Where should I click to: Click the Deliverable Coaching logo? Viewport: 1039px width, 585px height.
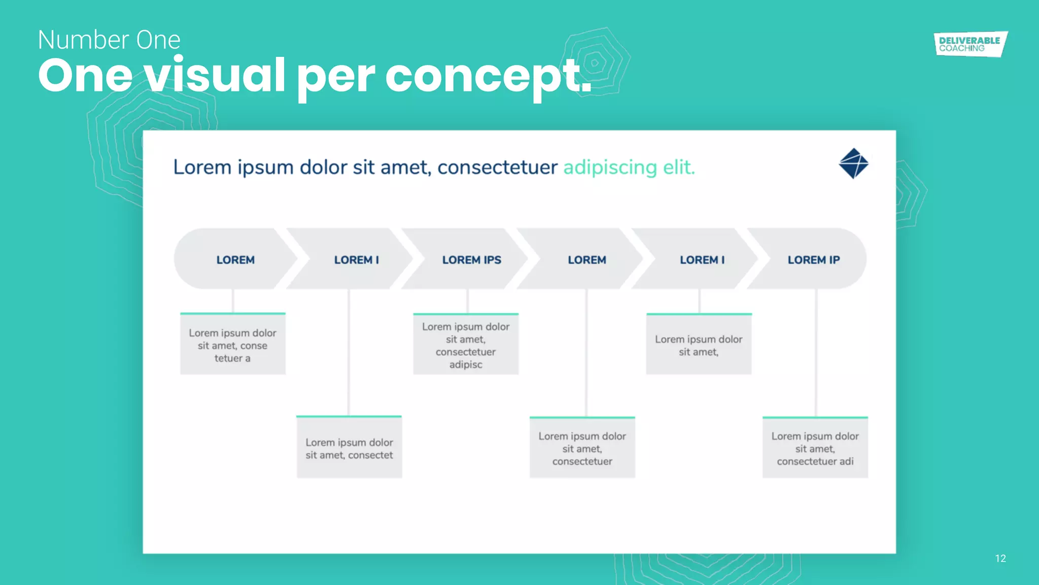pos(970,44)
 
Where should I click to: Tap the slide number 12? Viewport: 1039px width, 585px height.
pos(1000,559)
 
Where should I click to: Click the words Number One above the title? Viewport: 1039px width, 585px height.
pos(109,40)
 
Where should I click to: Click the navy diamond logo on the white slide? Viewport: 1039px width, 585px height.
pos(853,164)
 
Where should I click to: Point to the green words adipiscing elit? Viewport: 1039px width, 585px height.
pos(629,167)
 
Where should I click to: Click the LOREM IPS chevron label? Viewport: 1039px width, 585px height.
pos(471,259)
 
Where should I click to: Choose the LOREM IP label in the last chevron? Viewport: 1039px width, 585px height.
pos(813,259)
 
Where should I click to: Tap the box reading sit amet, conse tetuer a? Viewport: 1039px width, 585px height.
pos(233,345)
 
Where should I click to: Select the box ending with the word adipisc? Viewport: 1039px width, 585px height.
pos(466,345)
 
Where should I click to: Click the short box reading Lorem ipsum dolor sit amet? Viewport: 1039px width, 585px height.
pos(699,345)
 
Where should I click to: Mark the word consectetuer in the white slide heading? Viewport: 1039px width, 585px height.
pos(497,167)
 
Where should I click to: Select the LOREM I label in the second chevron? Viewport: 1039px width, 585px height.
pos(356,259)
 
